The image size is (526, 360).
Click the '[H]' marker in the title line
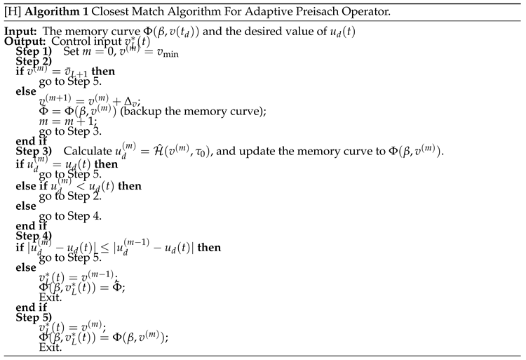(13, 13)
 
